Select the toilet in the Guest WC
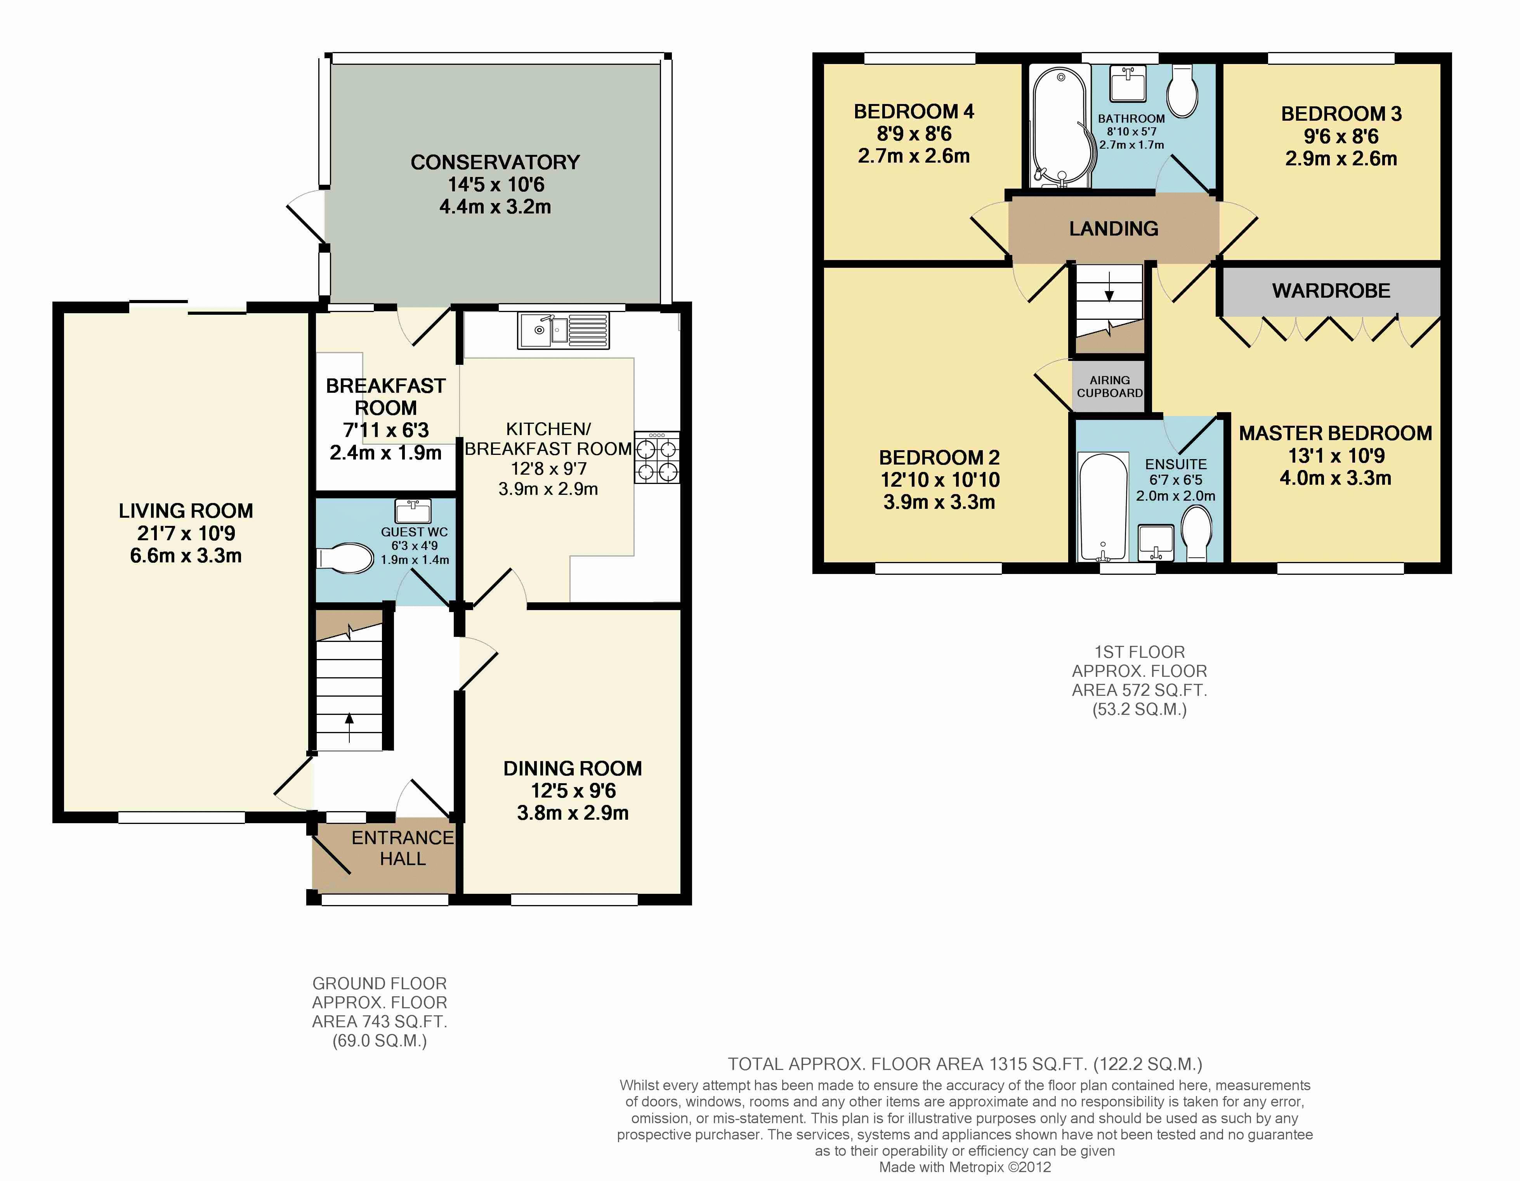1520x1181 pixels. click(x=345, y=557)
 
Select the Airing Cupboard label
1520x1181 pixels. click(x=1109, y=386)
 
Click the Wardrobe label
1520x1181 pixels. click(x=1331, y=291)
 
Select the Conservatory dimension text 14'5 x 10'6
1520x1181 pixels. click(x=496, y=184)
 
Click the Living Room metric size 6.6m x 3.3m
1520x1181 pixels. click(x=186, y=555)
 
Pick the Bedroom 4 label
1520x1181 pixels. click(x=914, y=111)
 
